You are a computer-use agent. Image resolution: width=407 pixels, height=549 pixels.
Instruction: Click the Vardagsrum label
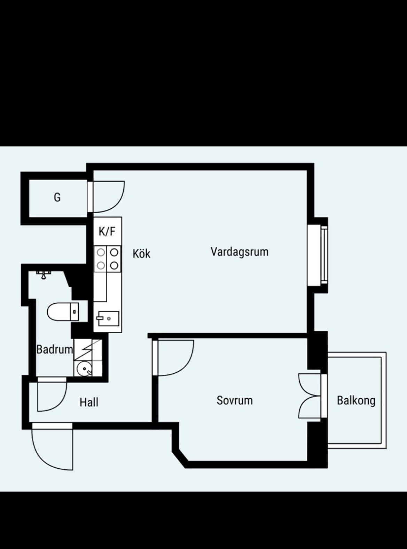240,252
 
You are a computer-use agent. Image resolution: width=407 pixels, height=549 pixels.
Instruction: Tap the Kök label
141,254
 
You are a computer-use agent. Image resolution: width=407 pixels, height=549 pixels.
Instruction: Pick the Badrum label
55,350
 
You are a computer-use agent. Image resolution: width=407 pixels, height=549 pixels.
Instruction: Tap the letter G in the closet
57,198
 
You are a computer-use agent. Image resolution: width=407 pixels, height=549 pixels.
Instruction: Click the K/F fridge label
107,231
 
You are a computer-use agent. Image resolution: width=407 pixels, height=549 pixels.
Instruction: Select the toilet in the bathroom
63,312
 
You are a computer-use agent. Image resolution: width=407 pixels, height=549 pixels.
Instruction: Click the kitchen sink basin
108,319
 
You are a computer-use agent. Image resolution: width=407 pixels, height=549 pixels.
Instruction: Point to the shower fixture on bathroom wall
44,274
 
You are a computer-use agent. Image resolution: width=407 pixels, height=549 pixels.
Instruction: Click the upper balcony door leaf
308,384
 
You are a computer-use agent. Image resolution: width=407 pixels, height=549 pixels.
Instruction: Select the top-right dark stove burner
114,253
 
